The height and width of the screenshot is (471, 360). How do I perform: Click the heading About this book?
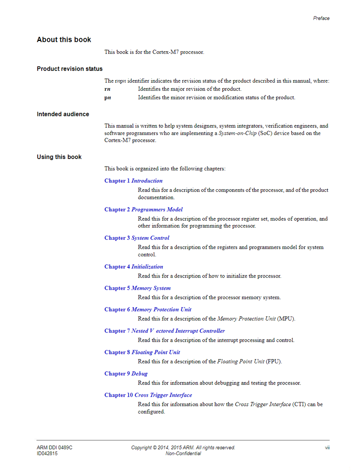(x=64, y=40)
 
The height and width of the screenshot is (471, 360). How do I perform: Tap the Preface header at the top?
(x=321, y=18)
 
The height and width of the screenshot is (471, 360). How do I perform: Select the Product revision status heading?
(x=69, y=69)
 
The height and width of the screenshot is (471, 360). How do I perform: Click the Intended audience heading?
(x=63, y=114)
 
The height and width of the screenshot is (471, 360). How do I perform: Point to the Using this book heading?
(x=59, y=157)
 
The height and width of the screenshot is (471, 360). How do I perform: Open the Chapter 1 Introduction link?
(x=133, y=181)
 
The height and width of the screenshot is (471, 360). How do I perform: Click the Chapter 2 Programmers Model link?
(x=143, y=209)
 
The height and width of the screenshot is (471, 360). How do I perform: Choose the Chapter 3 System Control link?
(x=137, y=238)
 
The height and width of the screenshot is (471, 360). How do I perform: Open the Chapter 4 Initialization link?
(x=134, y=267)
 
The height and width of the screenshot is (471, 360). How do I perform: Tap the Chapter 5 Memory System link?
(x=138, y=288)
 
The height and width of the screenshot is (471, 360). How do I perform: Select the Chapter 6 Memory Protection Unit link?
(x=148, y=309)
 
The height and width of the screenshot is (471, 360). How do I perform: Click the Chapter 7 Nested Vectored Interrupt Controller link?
(x=164, y=331)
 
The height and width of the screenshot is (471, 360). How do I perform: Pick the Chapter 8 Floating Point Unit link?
(x=142, y=352)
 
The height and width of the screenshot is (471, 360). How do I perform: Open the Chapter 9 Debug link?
(x=126, y=374)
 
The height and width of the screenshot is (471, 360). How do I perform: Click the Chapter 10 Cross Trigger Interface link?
(x=148, y=395)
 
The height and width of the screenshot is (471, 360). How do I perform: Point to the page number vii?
(x=327, y=447)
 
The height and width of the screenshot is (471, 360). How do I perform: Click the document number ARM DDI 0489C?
(x=55, y=447)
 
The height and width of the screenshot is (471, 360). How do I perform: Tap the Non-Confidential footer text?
(x=183, y=454)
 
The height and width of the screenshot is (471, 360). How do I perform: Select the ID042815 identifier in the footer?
(x=47, y=454)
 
